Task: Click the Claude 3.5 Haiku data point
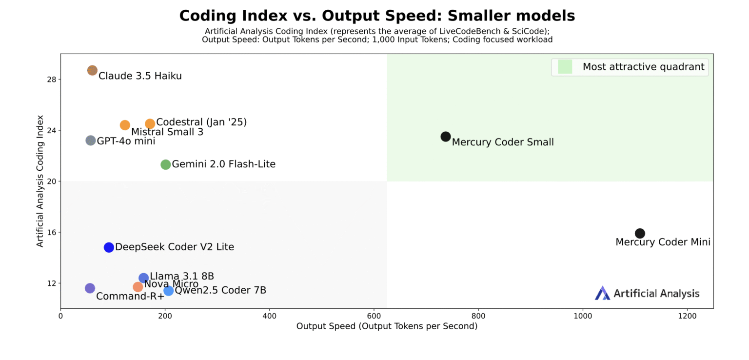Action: (x=92, y=70)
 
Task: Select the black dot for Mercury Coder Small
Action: (x=445, y=137)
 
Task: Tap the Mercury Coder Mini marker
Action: (x=640, y=233)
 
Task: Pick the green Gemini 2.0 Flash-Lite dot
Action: (x=165, y=164)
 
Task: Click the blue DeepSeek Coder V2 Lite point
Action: (x=109, y=247)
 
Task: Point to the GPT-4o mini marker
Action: (x=90, y=140)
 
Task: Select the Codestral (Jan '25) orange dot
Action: (x=150, y=124)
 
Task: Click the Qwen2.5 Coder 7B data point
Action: (x=168, y=291)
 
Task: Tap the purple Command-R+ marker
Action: (x=90, y=288)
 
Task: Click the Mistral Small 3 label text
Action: (x=167, y=132)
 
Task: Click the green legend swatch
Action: (x=565, y=67)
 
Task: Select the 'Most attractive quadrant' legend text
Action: (x=643, y=67)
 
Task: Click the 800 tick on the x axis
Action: (x=478, y=316)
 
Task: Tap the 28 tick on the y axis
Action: (x=50, y=79)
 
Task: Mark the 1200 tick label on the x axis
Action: (x=687, y=316)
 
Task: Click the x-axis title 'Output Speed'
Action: (x=387, y=326)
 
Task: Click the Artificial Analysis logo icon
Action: (x=602, y=293)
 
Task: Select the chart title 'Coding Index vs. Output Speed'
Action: (x=377, y=16)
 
